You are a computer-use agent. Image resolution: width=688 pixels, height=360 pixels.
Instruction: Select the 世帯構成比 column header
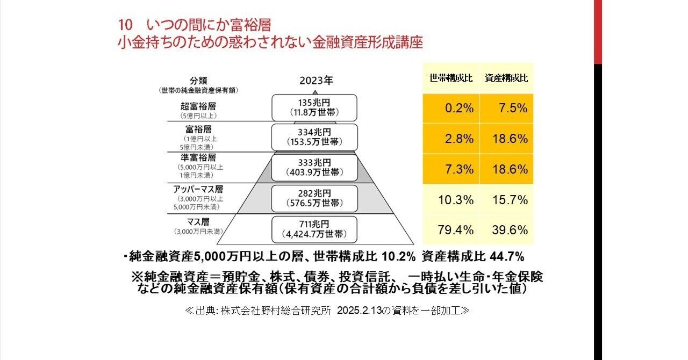coord(451,78)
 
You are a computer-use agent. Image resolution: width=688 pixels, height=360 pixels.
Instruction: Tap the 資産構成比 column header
coord(506,78)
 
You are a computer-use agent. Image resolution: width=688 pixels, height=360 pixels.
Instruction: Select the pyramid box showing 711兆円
coord(314,229)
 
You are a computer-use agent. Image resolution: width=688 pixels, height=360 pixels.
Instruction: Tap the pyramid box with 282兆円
coord(314,198)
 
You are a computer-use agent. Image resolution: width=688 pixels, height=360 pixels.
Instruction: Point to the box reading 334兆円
coord(314,137)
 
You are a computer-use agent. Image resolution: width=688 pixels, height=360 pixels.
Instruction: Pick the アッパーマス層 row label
coord(198,189)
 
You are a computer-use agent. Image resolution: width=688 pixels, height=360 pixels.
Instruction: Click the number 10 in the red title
coord(125,25)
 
